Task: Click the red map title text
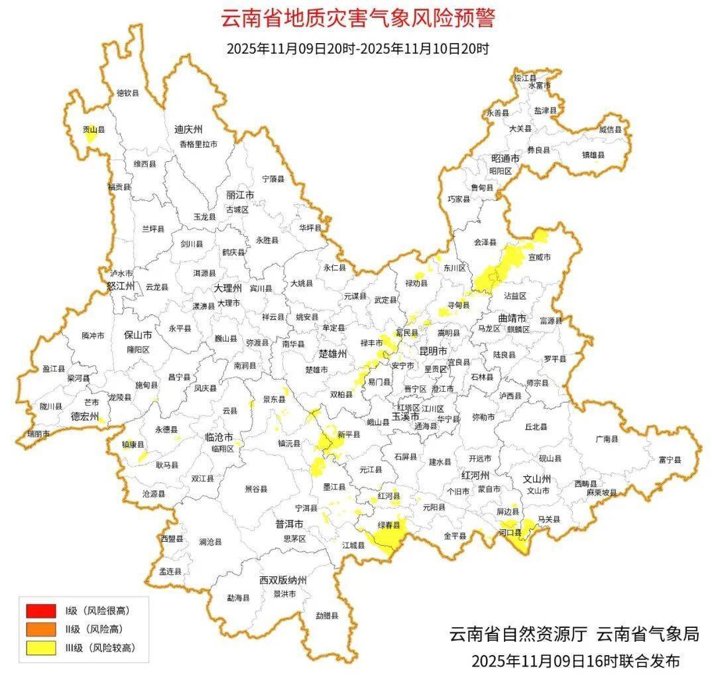(357, 19)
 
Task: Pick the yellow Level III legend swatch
(40, 648)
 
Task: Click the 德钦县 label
(128, 93)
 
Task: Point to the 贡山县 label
(93, 131)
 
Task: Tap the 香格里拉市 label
(198, 144)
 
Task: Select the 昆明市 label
(434, 350)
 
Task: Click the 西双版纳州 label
(283, 580)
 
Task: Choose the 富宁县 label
(670, 459)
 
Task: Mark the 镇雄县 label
(593, 155)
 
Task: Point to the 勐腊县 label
(327, 615)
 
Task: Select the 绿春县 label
(389, 525)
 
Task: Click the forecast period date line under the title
(357, 48)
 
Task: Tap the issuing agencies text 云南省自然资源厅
(518, 634)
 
